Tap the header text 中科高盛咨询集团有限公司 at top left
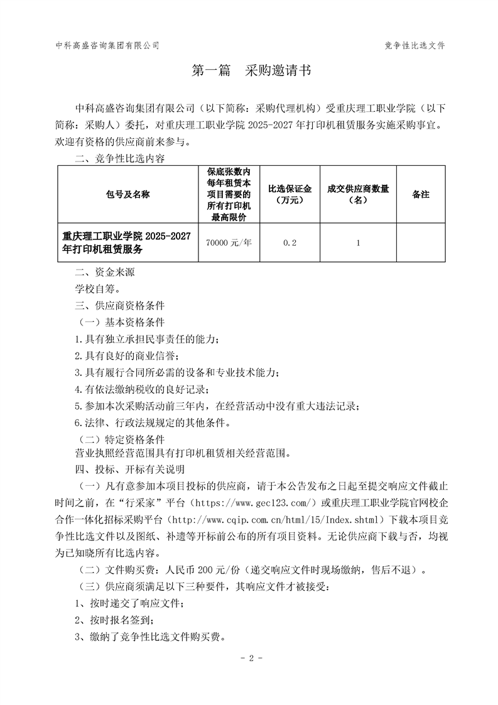(107, 45)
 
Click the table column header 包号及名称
(127, 195)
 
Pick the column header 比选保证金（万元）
(290, 195)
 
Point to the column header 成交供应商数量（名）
(358, 195)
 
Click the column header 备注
(420, 195)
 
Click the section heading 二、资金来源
(104, 273)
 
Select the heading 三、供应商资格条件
(119, 306)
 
